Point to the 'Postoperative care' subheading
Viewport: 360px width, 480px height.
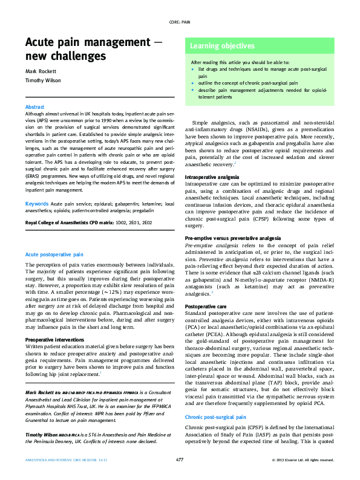click(x=206, y=307)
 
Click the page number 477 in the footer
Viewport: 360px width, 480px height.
click(x=180, y=461)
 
